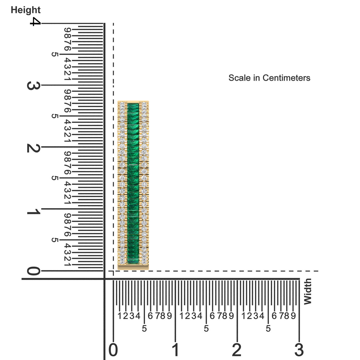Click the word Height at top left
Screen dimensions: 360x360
[x=26, y=10]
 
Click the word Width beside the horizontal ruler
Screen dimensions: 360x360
[x=308, y=291]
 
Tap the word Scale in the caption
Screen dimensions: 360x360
[x=239, y=78]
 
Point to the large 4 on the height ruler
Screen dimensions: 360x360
[x=35, y=22]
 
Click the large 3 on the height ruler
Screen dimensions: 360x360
[x=34, y=86]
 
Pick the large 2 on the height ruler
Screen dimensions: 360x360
[x=34, y=148]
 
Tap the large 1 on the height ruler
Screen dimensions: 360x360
[x=34, y=211]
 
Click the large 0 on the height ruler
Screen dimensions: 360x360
[x=34, y=271]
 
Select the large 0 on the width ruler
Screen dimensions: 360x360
[x=113, y=350]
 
